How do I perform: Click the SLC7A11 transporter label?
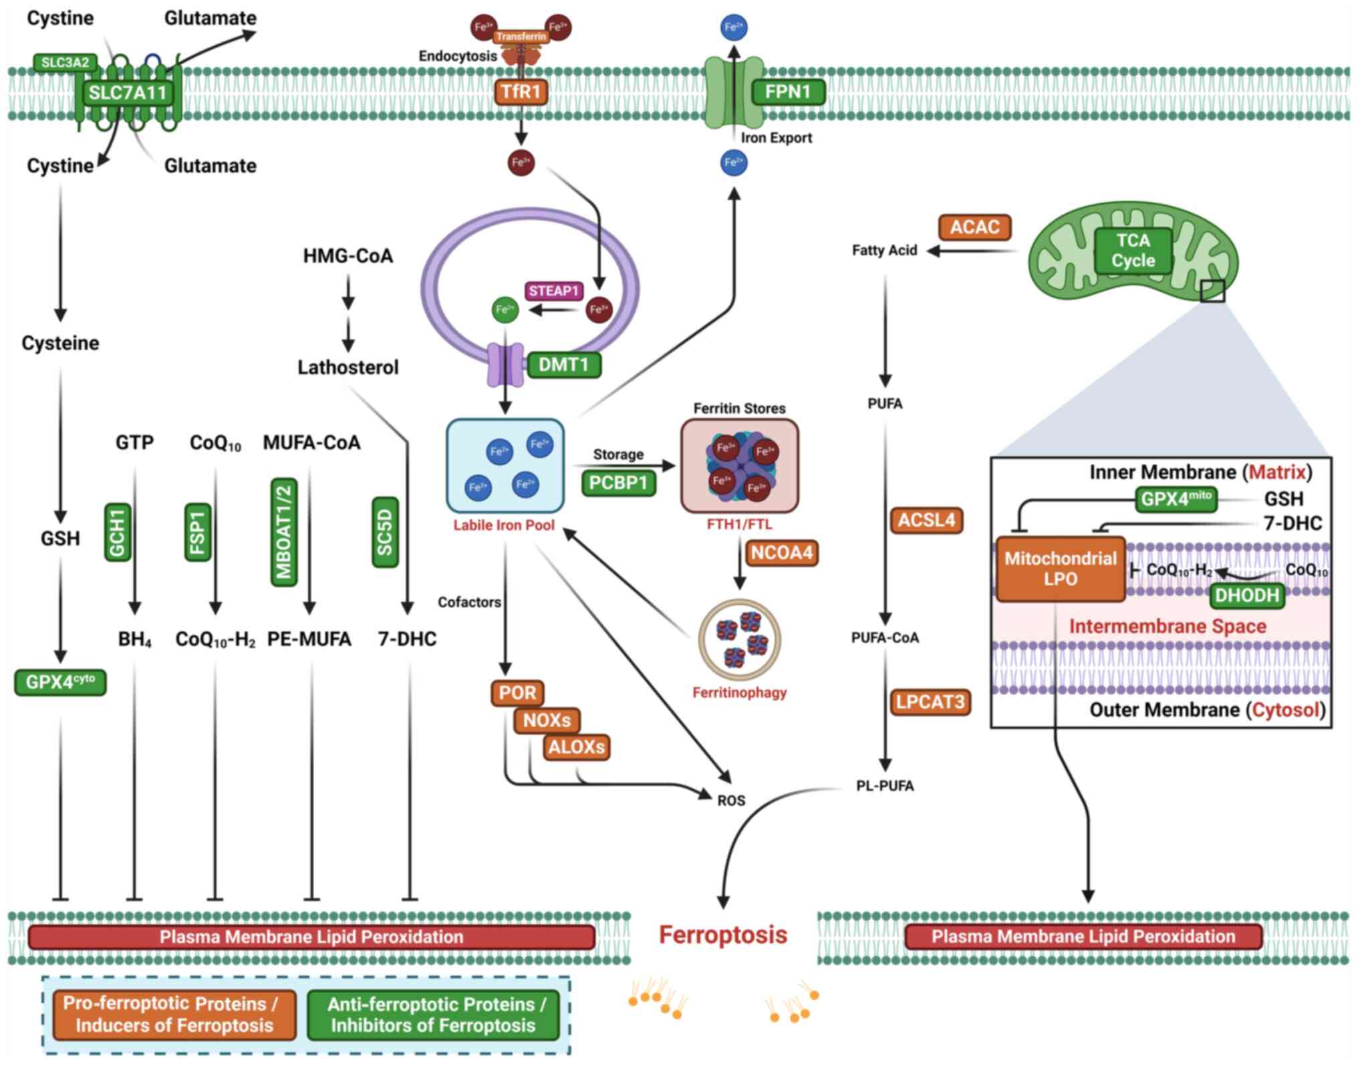click(x=128, y=92)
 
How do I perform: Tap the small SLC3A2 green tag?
click(x=65, y=63)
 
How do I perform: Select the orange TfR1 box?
click(x=521, y=92)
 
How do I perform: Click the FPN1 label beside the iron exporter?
click(x=787, y=92)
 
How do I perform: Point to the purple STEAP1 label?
click(x=553, y=291)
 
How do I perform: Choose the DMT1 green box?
click(x=563, y=365)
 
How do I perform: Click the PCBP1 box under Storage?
click(x=618, y=483)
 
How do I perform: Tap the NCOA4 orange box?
click(x=781, y=553)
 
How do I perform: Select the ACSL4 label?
click(x=926, y=520)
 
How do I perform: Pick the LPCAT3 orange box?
click(x=930, y=702)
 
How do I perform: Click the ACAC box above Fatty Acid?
click(x=974, y=227)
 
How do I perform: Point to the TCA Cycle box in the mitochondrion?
click(x=1133, y=251)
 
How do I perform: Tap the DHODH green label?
click(x=1246, y=595)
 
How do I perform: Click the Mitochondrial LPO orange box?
click(x=1060, y=569)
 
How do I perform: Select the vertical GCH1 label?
click(x=118, y=532)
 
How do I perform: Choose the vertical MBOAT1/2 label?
click(x=284, y=533)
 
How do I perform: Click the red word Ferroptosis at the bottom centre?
click(x=723, y=934)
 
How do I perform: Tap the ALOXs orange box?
click(x=576, y=747)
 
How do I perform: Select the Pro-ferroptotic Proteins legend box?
click(x=174, y=1015)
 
